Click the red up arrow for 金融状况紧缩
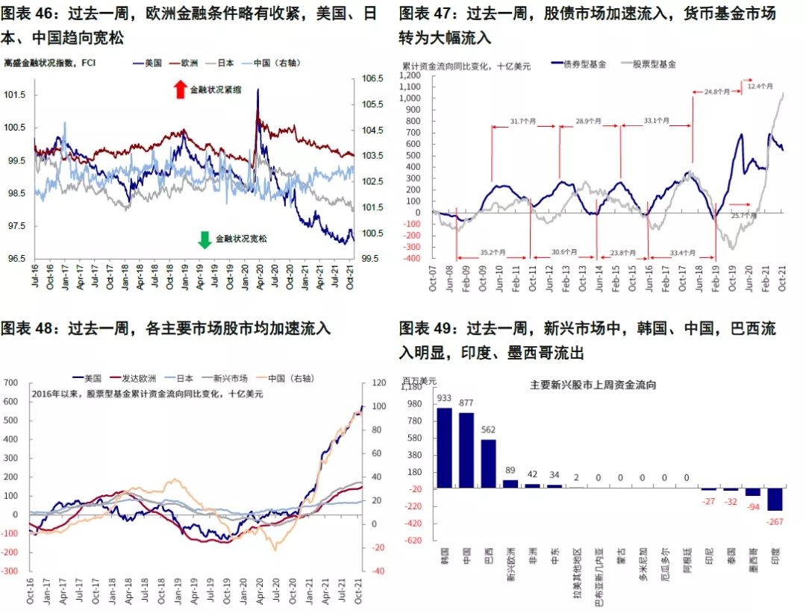tap(179, 89)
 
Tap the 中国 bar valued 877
tap(466, 450)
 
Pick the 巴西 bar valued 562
tap(488, 463)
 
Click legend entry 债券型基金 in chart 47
tap(585, 65)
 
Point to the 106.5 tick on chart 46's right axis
tap(372, 78)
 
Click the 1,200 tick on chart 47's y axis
tap(413, 75)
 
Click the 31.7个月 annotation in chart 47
tap(525, 121)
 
